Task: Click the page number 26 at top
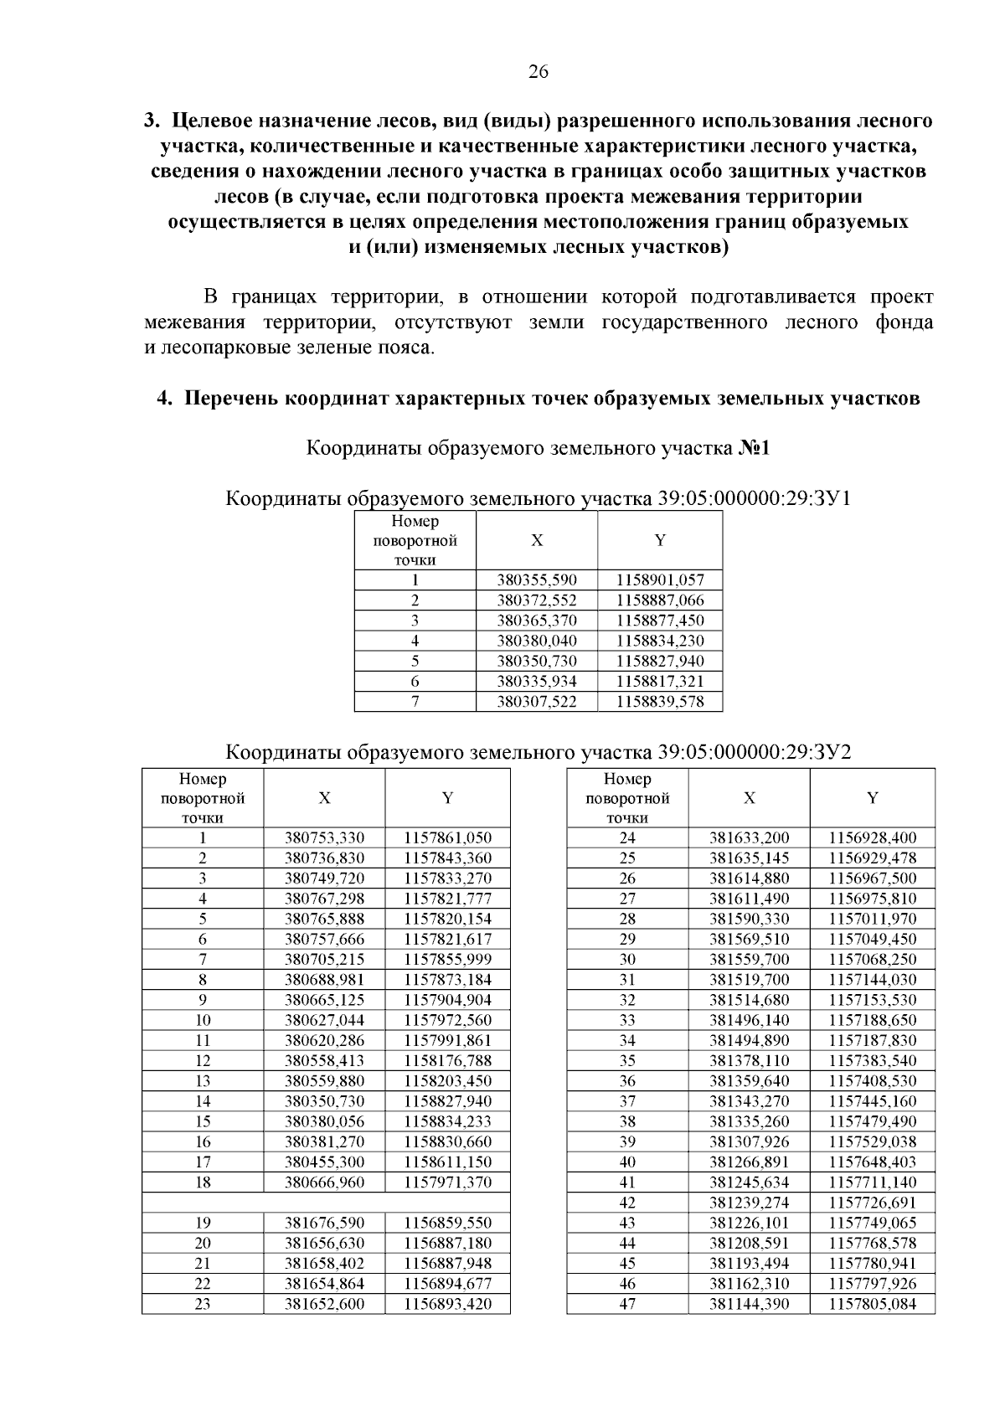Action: [538, 72]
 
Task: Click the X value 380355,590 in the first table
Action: [536, 580]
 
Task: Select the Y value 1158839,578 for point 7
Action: [660, 702]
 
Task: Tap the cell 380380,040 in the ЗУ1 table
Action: [536, 641]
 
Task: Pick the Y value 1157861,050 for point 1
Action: [447, 837]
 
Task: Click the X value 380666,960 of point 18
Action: [324, 1182]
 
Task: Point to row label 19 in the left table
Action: [203, 1223]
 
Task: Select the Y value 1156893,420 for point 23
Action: [447, 1304]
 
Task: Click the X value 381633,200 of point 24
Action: [749, 837]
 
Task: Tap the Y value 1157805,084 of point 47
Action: [872, 1304]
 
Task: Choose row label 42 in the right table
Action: [627, 1203]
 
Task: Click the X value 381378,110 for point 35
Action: [749, 1061]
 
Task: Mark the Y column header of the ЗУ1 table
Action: [660, 541]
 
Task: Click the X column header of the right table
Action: [749, 798]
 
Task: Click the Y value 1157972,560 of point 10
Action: [447, 1020]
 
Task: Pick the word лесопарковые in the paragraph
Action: [213, 348]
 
